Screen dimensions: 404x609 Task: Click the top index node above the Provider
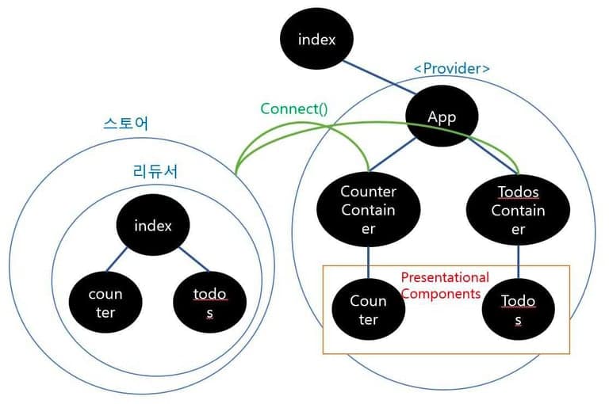click(x=317, y=40)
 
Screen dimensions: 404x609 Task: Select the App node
click(x=442, y=117)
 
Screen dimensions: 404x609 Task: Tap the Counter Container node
click(x=368, y=210)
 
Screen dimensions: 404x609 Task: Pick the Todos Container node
click(x=518, y=210)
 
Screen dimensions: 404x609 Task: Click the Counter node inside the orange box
click(x=368, y=310)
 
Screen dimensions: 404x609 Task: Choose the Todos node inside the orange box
click(x=518, y=310)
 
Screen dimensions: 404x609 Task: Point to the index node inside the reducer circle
click(x=153, y=225)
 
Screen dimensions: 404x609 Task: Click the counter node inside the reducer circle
click(x=105, y=303)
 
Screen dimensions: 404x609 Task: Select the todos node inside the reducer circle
click(x=210, y=303)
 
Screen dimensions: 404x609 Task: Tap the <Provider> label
click(x=451, y=68)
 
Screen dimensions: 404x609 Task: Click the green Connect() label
click(x=293, y=109)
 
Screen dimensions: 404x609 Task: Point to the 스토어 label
click(x=126, y=124)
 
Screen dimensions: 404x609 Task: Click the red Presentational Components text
click(x=445, y=285)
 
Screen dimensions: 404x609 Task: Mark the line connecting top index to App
click(x=379, y=78)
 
